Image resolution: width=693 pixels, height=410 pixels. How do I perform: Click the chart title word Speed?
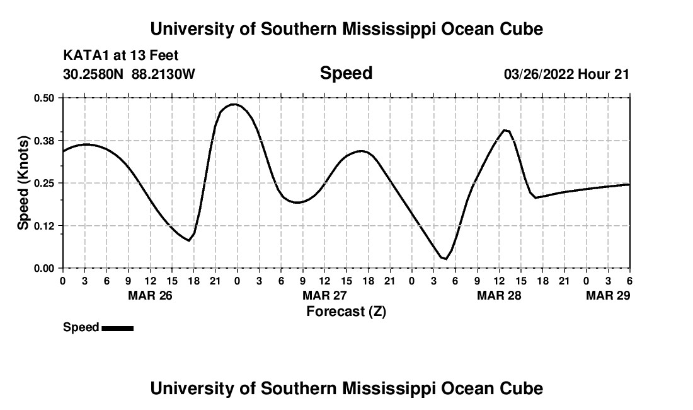click(346, 74)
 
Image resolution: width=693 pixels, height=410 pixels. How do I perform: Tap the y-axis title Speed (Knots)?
click(23, 183)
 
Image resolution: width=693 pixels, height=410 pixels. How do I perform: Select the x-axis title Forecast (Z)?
click(346, 311)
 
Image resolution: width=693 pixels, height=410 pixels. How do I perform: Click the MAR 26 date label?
click(150, 295)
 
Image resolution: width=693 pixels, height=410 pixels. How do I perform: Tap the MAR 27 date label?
click(324, 295)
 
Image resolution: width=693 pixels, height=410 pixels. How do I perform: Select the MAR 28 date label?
click(499, 295)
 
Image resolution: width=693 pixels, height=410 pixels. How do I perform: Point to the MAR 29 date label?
click(607, 295)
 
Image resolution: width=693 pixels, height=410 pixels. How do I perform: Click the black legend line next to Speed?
click(117, 328)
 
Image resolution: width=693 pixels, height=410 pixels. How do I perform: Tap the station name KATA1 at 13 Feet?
click(120, 56)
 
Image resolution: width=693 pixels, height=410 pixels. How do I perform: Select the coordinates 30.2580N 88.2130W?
click(129, 74)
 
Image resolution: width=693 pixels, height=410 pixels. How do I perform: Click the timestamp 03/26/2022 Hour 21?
click(566, 74)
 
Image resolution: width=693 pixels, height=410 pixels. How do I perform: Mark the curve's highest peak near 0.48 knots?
click(235, 104)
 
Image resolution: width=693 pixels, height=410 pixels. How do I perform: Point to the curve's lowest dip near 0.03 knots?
click(445, 259)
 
